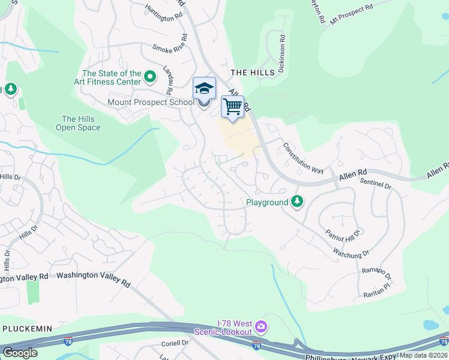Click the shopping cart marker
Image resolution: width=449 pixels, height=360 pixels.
click(232, 107)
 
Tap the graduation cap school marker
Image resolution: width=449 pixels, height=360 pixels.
click(204, 89)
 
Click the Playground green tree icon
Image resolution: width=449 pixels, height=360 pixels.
click(297, 202)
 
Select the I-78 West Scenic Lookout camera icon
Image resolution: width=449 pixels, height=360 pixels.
click(261, 327)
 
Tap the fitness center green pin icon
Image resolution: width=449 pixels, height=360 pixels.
click(150, 77)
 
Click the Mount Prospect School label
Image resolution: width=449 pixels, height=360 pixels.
click(151, 102)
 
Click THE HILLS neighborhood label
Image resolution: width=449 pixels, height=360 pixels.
click(252, 72)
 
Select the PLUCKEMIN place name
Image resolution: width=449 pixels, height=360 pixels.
click(28, 329)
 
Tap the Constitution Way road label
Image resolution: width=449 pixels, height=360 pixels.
click(303, 158)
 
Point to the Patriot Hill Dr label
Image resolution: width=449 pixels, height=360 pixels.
click(343, 232)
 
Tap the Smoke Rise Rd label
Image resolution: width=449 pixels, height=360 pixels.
click(170, 49)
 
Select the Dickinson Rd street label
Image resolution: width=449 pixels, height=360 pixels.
click(281, 53)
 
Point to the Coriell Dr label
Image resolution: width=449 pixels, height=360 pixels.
click(175, 343)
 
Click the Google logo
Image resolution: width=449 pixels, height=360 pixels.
click(20, 353)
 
